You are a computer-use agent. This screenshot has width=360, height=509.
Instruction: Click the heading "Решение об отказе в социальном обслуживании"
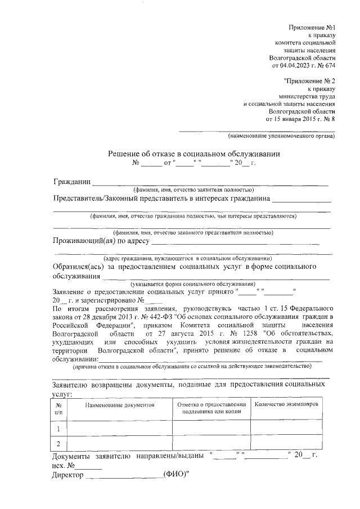tap(193, 154)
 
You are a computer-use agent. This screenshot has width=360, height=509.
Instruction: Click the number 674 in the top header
tap(330, 66)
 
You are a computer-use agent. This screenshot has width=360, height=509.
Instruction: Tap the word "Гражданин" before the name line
tap(72, 182)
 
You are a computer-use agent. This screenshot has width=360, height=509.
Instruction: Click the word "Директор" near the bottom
tap(67, 476)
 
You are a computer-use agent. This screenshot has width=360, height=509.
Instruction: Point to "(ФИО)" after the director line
tap(175, 476)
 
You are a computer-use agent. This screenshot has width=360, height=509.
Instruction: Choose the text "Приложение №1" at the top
tap(312, 27)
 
